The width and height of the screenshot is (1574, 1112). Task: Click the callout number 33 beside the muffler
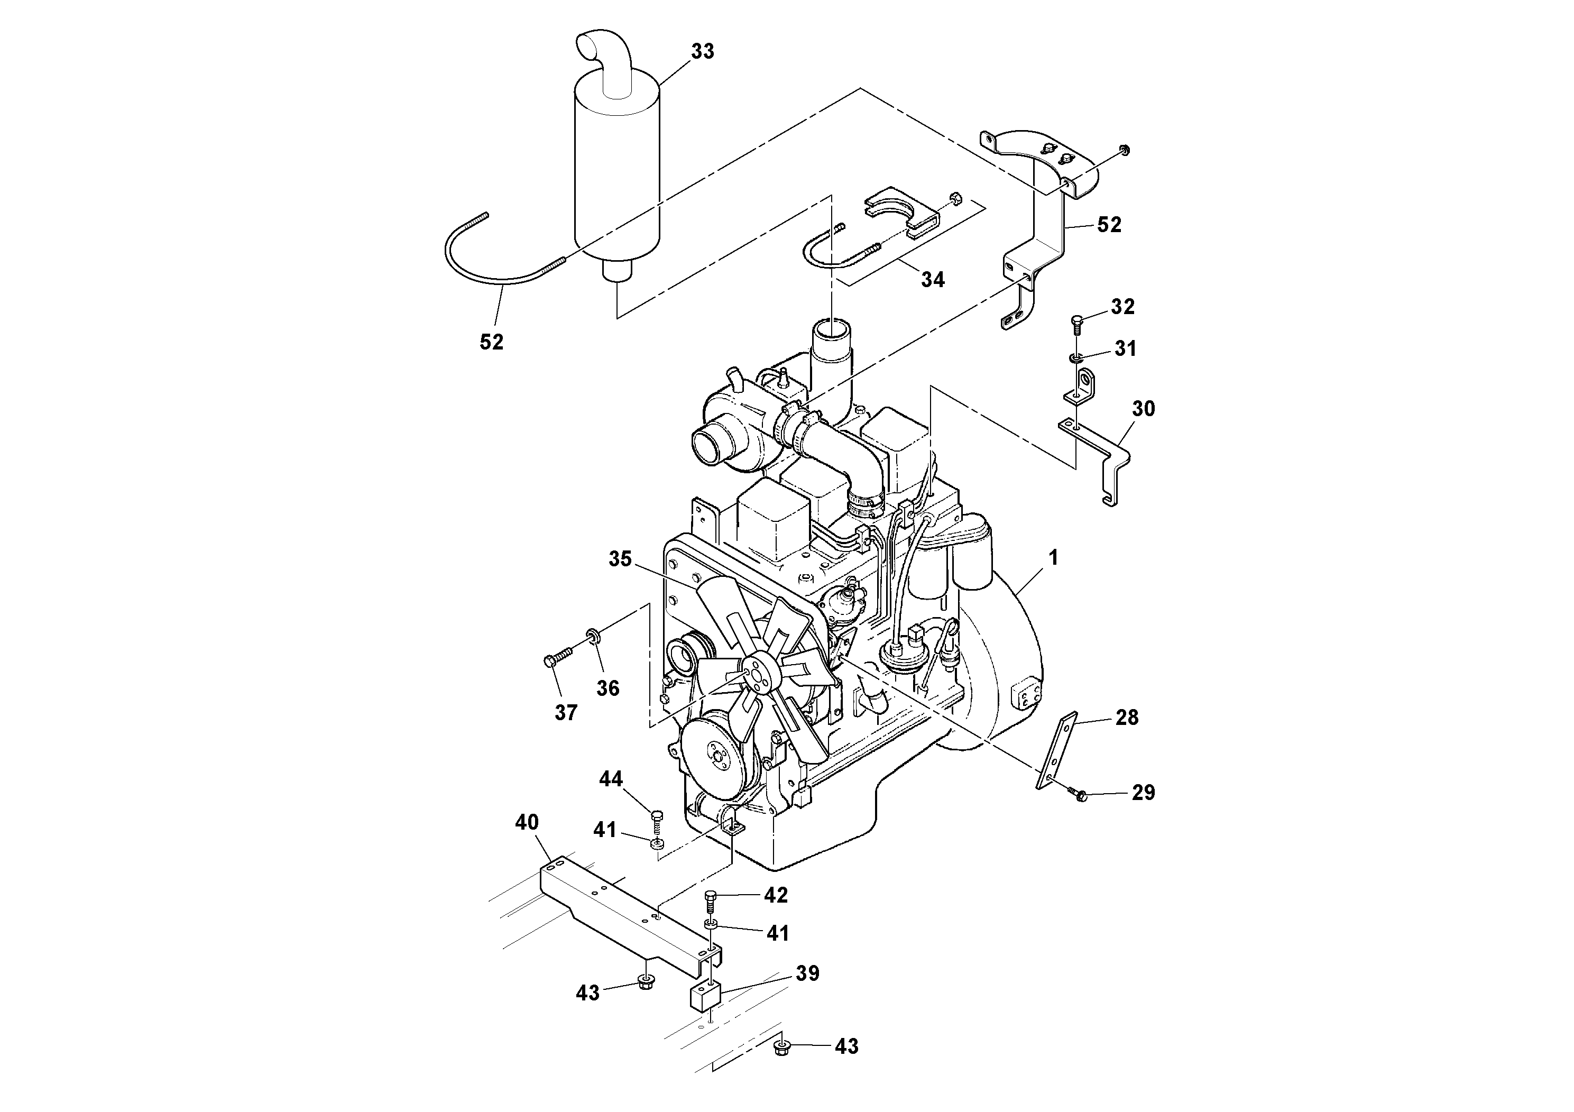(702, 51)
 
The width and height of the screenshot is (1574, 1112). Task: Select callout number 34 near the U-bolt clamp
(932, 279)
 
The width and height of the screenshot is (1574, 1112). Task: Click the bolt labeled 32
(1077, 321)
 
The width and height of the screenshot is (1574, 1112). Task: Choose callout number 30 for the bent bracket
(1143, 409)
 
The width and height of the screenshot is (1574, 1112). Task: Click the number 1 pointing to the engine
(1053, 558)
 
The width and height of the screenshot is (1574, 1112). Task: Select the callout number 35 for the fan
(620, 559)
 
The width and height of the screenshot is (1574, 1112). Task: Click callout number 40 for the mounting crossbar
(527, 822)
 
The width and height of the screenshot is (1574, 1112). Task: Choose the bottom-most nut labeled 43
(781, 1065)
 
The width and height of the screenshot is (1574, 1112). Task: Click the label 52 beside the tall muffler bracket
(1109, 224)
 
